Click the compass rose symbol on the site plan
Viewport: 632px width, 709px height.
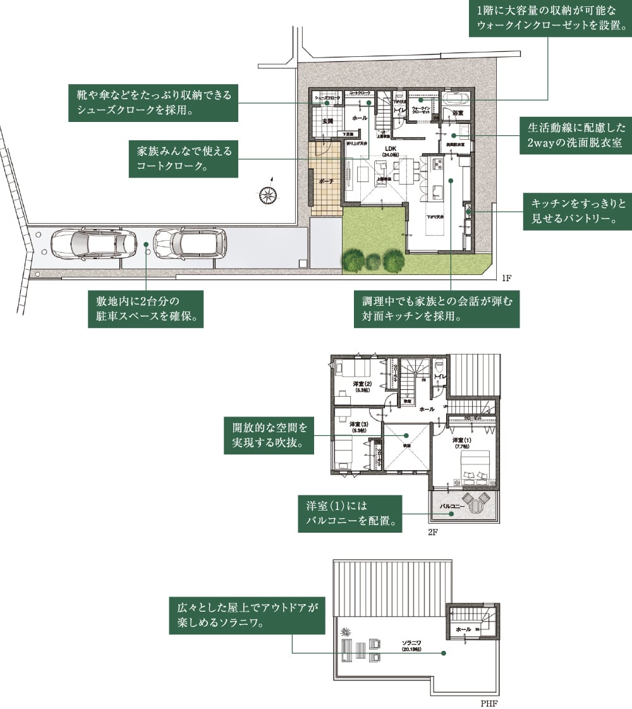pos(269,195)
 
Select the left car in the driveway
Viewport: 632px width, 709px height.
pos(93,244)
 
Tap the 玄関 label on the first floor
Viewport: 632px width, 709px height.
pos(327,120)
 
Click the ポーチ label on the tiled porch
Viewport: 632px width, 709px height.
pos(327,181)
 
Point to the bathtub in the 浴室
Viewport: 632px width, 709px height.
pos(454,99)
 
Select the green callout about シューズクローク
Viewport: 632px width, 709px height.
pos(152,102)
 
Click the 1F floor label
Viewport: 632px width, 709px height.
pos(506,278)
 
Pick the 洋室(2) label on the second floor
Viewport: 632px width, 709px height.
pos(362,384)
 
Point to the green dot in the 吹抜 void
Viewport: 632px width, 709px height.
pos(408,435)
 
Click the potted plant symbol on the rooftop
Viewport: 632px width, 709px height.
pos(345,632)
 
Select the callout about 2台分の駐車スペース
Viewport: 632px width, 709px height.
pos(146,308)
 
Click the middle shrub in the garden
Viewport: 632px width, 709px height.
pos(374,261)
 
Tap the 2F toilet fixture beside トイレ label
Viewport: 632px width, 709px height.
pos(439,366)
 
